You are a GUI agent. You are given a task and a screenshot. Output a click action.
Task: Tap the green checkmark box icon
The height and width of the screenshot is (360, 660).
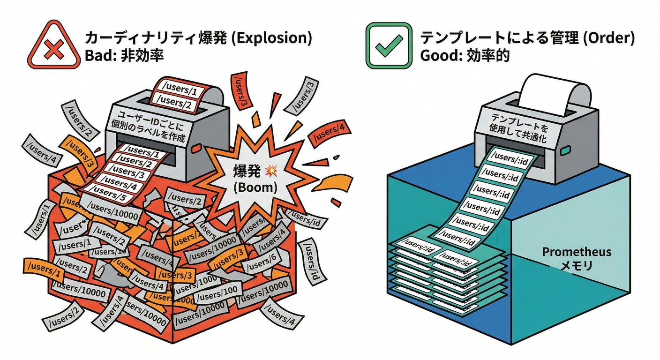click(x=387, y=46)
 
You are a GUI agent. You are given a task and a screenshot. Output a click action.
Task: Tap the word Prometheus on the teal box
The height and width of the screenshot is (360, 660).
click(x=577, y=252)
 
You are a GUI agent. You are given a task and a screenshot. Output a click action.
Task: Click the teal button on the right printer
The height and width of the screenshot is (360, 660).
click(x=564, y=150)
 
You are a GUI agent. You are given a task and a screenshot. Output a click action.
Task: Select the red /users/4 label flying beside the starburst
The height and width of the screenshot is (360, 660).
click(x=328, y=132)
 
